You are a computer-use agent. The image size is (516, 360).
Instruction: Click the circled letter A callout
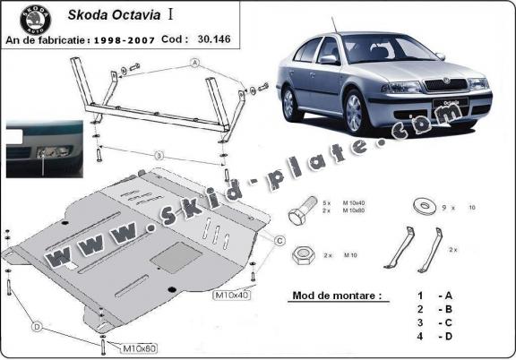point(193,63)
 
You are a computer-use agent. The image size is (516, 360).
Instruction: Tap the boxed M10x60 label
point(139,347)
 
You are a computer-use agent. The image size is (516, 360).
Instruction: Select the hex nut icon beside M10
point(301,254)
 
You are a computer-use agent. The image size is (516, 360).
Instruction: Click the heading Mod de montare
point(335,295)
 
